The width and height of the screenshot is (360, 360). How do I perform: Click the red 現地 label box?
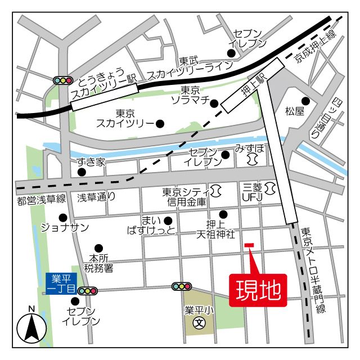tap(258, 291)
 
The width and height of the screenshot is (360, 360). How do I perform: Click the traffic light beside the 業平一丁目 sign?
tap(87, 291)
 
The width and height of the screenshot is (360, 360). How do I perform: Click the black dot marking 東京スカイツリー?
tap(160, 123)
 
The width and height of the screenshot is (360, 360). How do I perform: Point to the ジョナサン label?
tap(65, 228)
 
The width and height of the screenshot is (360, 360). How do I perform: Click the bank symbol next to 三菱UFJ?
tap(270, 187)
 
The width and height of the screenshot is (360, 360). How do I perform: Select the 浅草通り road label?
tap(97, 197)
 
